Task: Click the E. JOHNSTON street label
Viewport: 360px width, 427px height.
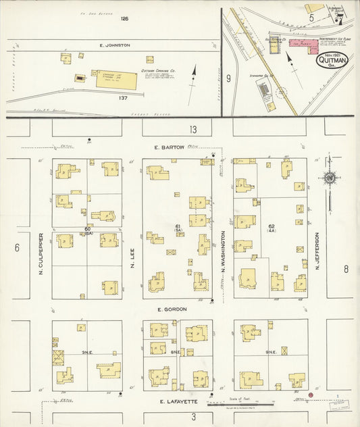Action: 113,45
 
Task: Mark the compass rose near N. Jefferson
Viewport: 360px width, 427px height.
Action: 330,178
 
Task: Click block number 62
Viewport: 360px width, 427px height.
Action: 272,227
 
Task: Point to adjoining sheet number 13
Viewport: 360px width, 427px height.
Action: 193,129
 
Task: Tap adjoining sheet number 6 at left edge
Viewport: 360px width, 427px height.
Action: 17,247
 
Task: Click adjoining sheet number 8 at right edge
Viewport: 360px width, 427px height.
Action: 345,268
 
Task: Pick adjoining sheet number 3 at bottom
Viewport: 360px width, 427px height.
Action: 193,416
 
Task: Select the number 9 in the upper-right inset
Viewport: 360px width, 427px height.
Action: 229,78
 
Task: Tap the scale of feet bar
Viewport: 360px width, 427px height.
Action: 242,403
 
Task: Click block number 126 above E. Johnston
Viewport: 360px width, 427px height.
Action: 124,18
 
